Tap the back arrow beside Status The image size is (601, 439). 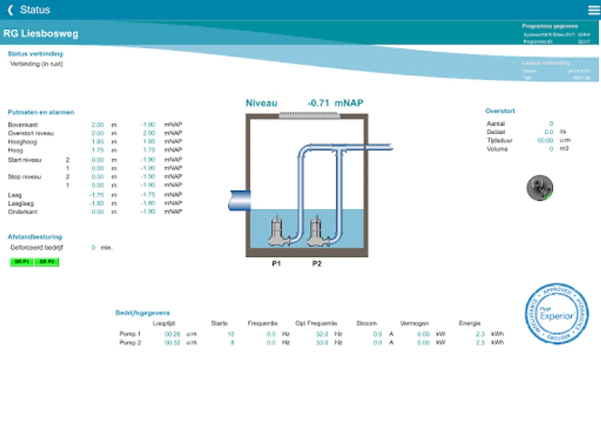10,10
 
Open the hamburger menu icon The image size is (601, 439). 594,10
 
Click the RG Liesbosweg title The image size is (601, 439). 40,34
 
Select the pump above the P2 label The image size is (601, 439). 318,232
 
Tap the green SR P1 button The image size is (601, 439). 22,262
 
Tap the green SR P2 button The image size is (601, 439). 46,262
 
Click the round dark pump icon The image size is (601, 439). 540,188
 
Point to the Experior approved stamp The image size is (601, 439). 557,314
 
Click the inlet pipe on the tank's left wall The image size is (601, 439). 240,200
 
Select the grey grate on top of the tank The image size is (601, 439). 308,115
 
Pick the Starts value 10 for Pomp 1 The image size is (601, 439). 231,334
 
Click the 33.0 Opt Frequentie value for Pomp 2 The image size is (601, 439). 321,343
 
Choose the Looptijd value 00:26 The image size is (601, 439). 172,334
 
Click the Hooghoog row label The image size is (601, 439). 22,142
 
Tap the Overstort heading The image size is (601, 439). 500,111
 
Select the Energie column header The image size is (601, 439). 469,323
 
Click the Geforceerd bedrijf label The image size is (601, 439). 37,248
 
